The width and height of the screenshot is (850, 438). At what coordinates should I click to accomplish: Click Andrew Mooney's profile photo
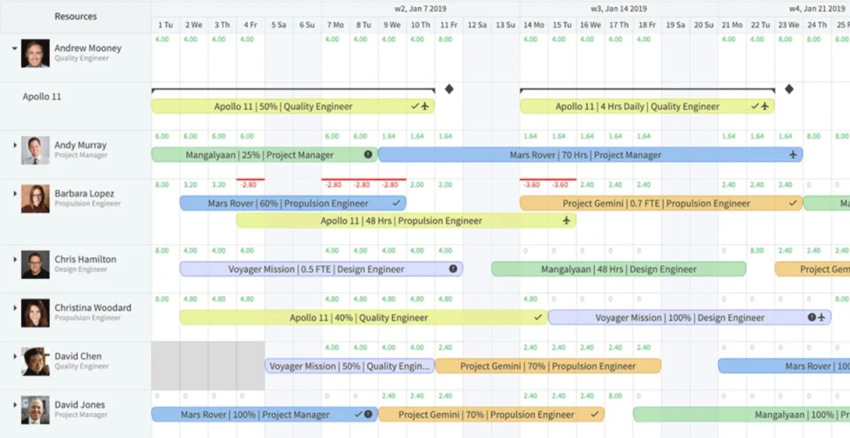point(35,53)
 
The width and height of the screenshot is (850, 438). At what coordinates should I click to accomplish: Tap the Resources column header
point(76,16)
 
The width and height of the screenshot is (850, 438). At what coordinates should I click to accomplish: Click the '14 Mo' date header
point(533,25)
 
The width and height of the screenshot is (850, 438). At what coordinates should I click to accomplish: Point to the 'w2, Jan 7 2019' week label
point(421,9)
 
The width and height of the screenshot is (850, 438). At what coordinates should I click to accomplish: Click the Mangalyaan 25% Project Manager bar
point(264,155)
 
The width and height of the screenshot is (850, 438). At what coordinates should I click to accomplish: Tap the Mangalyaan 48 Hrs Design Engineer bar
point(618,270)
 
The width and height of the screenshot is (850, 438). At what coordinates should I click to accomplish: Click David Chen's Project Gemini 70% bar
point(548,367)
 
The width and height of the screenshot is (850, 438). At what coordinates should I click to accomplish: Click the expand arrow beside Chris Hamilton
point(15,260)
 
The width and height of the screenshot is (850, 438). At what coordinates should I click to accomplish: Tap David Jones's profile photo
point(35,410)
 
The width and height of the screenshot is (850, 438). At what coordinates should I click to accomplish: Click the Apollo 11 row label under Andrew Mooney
point(42,97)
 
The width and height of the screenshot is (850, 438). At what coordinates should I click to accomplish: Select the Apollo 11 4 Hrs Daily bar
point(646,107)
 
